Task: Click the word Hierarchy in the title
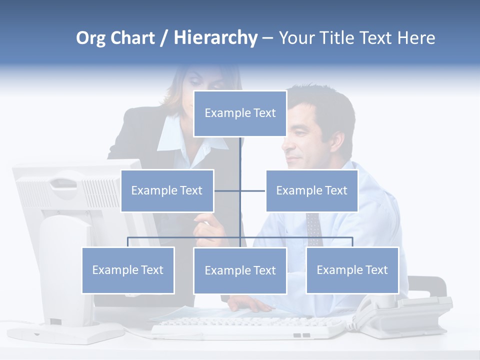215,38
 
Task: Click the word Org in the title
91,38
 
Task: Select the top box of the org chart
240,113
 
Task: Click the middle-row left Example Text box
167,190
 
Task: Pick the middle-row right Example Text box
311,190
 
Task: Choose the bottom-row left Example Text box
128,270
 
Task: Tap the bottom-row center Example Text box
240,270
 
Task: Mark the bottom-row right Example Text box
352,270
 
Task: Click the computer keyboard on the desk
247,327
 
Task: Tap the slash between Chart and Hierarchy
163,38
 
